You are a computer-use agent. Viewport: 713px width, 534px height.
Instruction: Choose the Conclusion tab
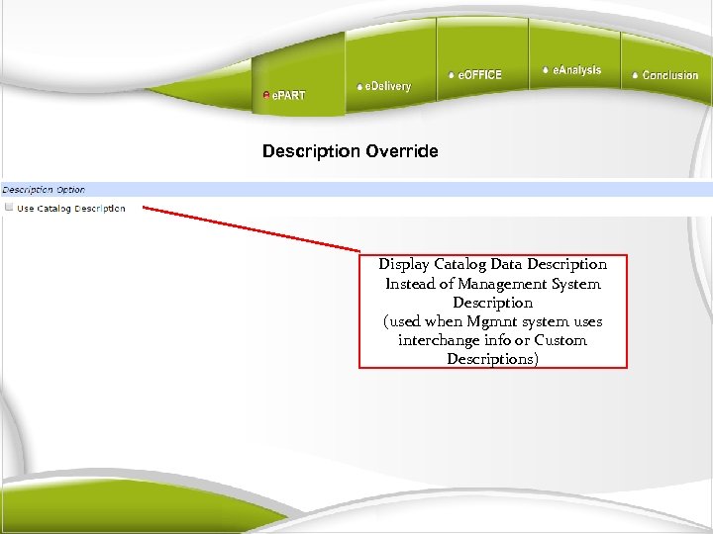669,75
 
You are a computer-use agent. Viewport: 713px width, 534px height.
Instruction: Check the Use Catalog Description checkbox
9,208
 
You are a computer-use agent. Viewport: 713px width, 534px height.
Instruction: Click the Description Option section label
44,189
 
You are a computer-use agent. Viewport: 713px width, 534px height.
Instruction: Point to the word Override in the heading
402,151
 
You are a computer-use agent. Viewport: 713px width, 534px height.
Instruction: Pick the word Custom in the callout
560,340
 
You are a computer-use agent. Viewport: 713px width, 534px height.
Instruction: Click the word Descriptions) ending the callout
492,359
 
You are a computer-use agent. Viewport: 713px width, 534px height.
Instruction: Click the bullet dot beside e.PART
265,95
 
